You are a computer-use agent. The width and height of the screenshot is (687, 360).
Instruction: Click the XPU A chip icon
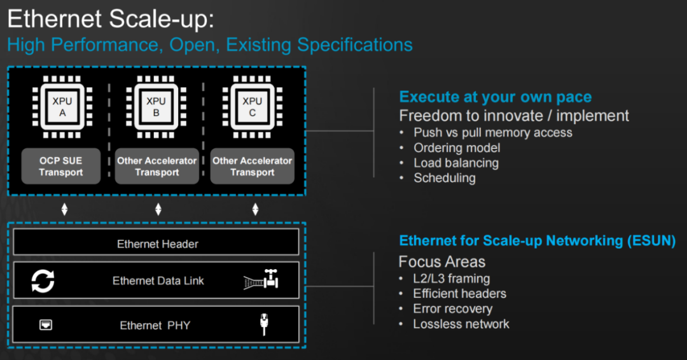pos(62,107)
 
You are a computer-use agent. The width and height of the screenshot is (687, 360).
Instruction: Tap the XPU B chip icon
pos(156,107)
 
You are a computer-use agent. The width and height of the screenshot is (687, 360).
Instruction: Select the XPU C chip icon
pos(252,107)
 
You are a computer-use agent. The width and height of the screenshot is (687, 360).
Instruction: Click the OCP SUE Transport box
pos(61,167)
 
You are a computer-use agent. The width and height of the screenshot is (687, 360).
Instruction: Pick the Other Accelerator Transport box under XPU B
pos(156,167)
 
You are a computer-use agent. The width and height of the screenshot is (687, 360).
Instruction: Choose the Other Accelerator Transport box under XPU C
pos(252,167)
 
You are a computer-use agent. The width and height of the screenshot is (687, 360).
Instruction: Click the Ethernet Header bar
pos(156,244)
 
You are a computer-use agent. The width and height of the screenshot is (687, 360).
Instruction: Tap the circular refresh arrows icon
pos(43,280)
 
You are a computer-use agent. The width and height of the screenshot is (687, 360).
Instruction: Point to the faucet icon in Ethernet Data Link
pos(262,280)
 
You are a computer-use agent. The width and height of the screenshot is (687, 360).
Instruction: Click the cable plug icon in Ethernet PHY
pos(264,324)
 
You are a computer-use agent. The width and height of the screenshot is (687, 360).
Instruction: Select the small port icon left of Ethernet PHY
pos(46,325)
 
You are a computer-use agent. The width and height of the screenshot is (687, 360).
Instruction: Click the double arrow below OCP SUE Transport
pos(64,209)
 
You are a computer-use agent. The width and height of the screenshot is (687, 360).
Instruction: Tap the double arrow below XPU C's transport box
pos(256,209)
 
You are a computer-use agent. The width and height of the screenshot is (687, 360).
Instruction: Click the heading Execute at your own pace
pos(495,97)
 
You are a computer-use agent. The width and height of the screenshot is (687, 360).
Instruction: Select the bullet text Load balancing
pos(455,163)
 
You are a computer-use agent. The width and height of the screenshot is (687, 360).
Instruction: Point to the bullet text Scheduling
pos(444,178)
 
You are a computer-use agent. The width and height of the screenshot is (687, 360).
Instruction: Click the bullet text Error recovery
pos(452,309)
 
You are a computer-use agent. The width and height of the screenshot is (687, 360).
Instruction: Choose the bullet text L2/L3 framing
pos(451,279)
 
